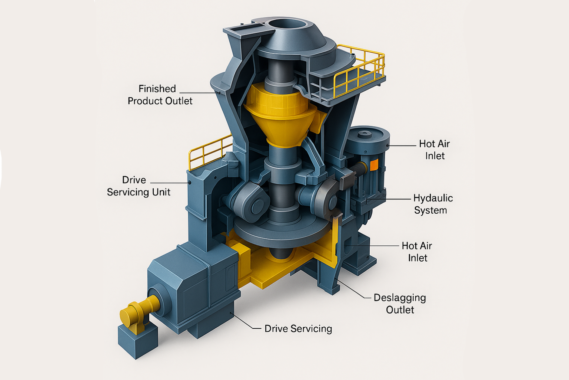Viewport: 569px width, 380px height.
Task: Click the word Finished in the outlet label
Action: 157,89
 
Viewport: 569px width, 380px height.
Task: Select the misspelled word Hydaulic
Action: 433,198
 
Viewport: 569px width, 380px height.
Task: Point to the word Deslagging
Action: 400,298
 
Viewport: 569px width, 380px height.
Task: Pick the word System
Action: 430,210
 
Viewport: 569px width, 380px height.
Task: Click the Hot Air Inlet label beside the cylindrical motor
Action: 435,150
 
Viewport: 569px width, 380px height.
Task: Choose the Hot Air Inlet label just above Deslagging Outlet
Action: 417,252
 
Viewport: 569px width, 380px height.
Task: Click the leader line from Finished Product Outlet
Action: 200,93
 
